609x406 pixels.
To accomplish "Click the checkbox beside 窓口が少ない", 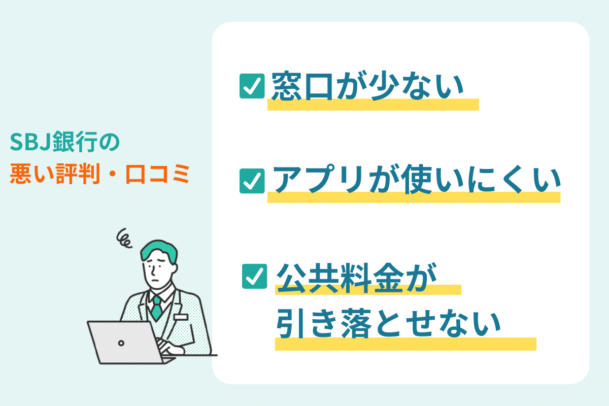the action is [x=252, y=86].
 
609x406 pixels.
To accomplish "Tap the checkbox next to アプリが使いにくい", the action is [x=252, y=181].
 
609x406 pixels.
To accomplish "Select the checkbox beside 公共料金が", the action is [x=254, y=276].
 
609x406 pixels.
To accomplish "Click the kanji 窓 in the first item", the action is [x=287, y=86].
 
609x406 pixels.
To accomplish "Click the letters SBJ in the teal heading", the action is [x=30, y=142].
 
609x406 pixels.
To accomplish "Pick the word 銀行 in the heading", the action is [x=75, y=142].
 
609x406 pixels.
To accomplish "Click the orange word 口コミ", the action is [x=157, y=174].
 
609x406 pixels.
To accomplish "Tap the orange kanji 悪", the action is [x=21, y=174].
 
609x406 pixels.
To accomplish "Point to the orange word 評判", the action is [x=78, y=174].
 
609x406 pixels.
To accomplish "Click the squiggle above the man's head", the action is [x=124, y=239].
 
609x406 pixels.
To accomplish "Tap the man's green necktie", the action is [x=157, y=308].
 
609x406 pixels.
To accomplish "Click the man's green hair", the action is [x=159, y=250].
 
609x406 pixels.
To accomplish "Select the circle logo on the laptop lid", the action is [x=121, y=343].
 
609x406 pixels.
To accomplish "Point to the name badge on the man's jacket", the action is [x=181, y=317].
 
